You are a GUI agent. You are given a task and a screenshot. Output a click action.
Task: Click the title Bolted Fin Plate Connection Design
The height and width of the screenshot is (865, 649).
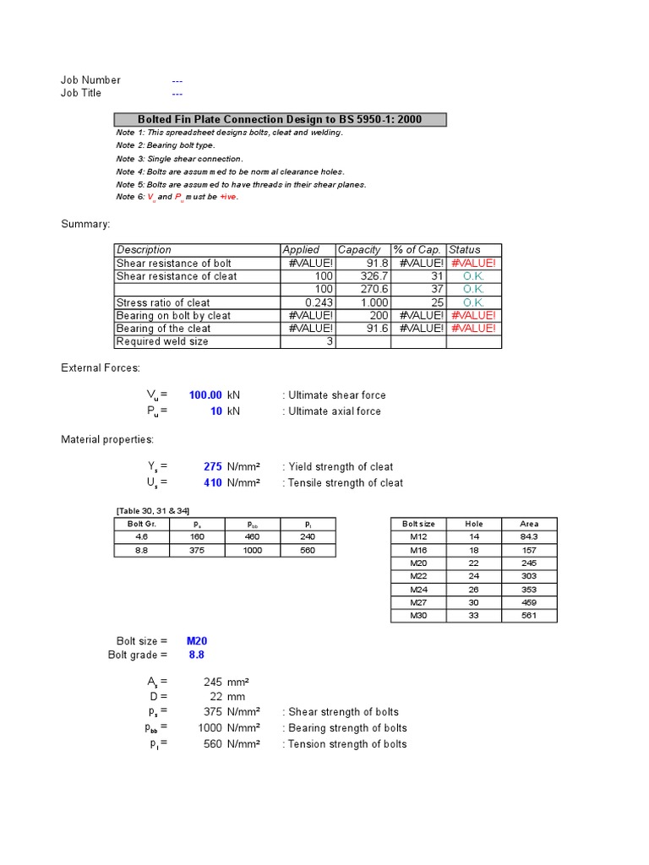(280, 120)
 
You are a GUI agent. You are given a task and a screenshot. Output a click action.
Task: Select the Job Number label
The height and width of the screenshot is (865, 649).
(90, 80)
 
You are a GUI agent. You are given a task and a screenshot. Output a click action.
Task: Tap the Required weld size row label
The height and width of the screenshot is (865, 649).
(162, 342)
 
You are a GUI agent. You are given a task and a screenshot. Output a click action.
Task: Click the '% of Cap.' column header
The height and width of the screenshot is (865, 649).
(417, 250)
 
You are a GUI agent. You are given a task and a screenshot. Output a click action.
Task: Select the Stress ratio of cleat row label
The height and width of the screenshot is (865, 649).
(163, 302)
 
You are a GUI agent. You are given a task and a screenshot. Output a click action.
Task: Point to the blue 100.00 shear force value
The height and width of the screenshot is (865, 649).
(205, 395)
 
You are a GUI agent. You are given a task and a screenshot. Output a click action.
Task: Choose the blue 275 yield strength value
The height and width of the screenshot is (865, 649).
(213, 467)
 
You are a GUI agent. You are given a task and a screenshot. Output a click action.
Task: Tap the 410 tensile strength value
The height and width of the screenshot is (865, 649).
(213, 483)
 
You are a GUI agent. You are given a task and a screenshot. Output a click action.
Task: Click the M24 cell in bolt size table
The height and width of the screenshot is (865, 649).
(418, 590)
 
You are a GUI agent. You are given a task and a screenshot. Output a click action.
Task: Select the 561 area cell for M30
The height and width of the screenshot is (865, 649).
(529, 616)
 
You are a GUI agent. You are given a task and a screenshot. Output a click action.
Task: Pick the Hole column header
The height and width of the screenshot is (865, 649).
(474, 524)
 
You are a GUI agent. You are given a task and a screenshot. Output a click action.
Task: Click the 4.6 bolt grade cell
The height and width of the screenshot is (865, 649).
(141, 537)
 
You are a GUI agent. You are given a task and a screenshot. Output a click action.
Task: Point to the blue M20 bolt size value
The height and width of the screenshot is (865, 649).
(197, 641)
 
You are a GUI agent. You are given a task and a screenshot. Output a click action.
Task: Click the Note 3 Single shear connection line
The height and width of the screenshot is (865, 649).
(179, 159)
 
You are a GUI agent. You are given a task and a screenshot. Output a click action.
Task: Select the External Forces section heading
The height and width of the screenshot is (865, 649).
(101, 368)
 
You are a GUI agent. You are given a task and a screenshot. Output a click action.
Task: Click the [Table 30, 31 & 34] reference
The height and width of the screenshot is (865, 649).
(152, 511)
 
